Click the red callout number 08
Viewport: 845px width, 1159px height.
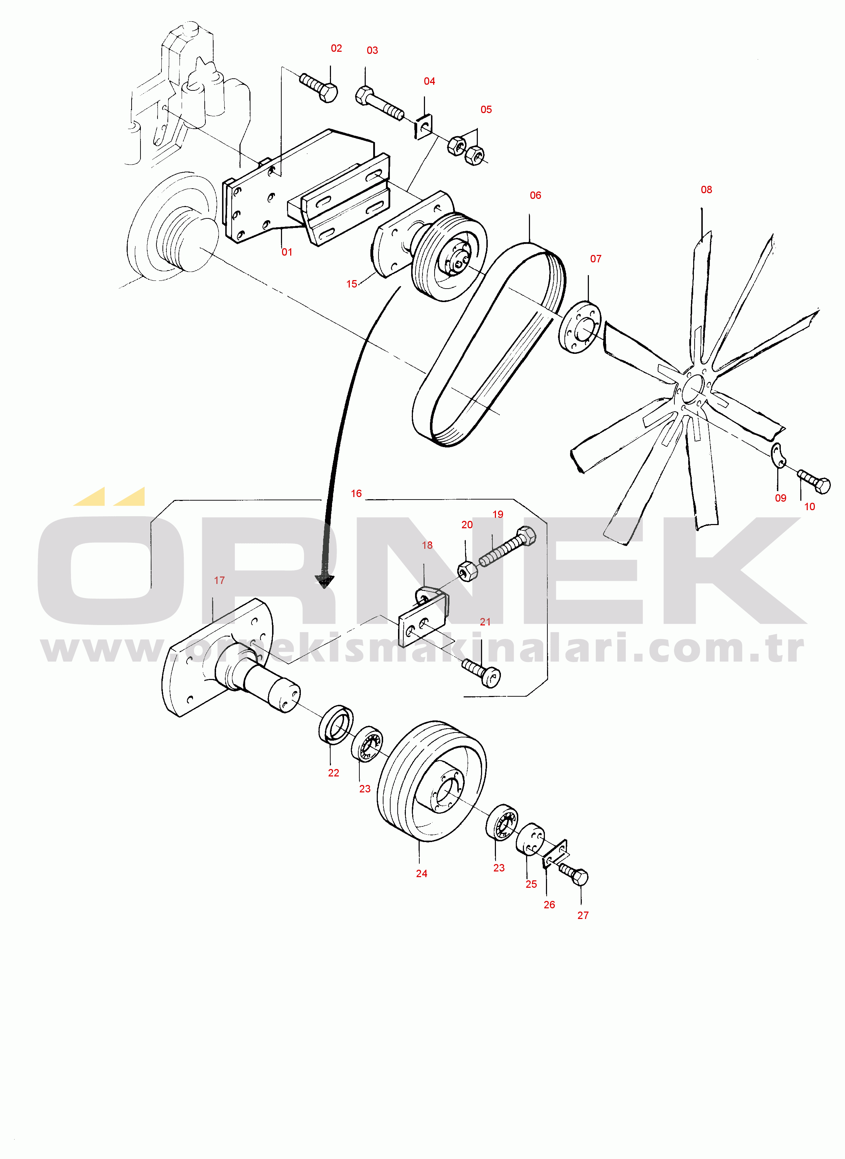[x=706, y=190]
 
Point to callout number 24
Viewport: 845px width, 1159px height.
[x=421, y=874]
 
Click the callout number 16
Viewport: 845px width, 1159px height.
[x=356, y=494]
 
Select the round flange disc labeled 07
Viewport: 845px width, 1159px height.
[x=580, y=327]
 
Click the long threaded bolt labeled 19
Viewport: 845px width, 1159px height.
[x=507, y=546]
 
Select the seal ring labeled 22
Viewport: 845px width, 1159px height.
[x=336, y=723]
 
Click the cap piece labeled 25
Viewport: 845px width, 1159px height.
[x=530, y=839]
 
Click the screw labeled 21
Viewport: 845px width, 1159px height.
[x=481, y=673]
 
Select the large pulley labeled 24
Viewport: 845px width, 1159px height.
[x=432, y=781]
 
